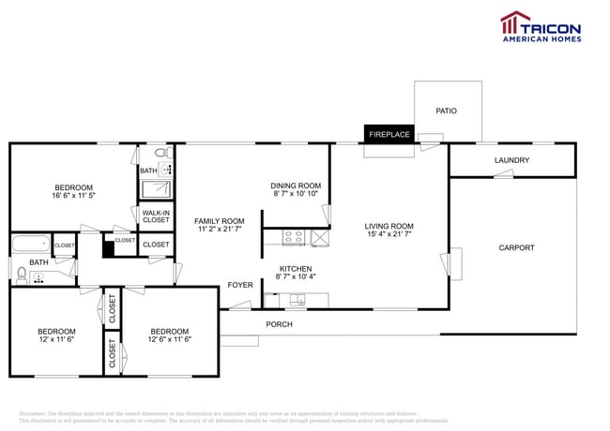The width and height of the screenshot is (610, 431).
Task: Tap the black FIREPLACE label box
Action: click(x=389, y=135)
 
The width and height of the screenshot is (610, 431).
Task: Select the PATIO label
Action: click(x=446, y=111)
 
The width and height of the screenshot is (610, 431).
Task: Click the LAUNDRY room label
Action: click(x=511, y=160)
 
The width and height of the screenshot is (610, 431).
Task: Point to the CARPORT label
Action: click(x=516, y=247)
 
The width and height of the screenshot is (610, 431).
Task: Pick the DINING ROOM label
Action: click(x=296, y=186)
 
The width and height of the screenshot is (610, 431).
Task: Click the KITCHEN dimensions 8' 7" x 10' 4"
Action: click(x=297, y=276)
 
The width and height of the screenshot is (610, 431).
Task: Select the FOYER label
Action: click(x=240, y=285)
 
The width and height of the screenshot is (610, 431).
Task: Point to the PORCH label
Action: click(x=279, y=324)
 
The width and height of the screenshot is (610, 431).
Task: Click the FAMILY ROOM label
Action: click(x=219, y=221)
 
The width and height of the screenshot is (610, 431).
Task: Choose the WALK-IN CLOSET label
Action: click(x=156, y=216)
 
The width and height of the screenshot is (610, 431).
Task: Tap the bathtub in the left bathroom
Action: click(x=30, y=246)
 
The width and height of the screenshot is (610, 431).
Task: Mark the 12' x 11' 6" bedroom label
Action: click(x=56, y=334)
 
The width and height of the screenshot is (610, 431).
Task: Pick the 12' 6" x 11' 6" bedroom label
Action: click(x=169, y=334)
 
